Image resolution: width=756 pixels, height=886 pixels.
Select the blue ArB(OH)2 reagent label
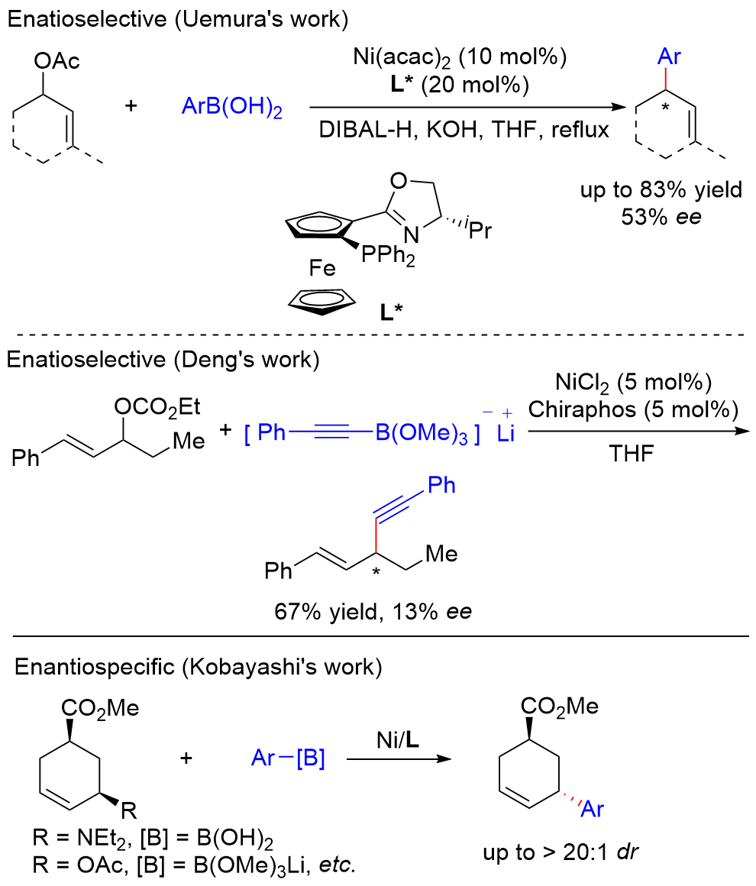coord(231,110)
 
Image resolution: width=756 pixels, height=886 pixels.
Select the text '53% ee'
coord(661,215)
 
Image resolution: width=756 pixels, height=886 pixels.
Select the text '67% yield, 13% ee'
coord(374,611)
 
